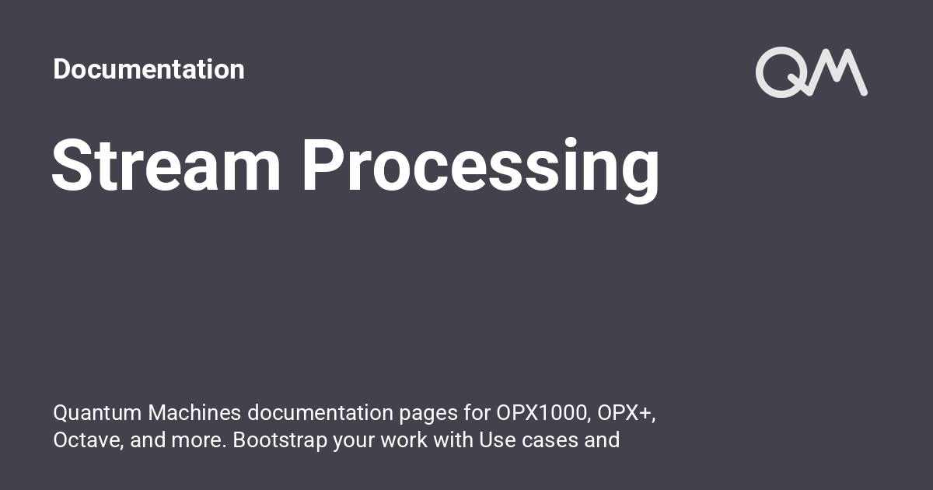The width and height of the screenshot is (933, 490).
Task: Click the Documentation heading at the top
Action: pyautogui.click(x=149, y=69)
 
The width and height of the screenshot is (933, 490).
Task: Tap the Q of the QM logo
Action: pyautogui.click(x=778, y=72)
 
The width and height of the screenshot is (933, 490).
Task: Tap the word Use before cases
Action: pyautogui.click(x=498, y=440)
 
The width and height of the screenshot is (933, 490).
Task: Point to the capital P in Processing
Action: pyautogui.click(x=322, y=166)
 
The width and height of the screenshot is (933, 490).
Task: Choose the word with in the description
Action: pyautogui.click(x=453, y=440)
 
